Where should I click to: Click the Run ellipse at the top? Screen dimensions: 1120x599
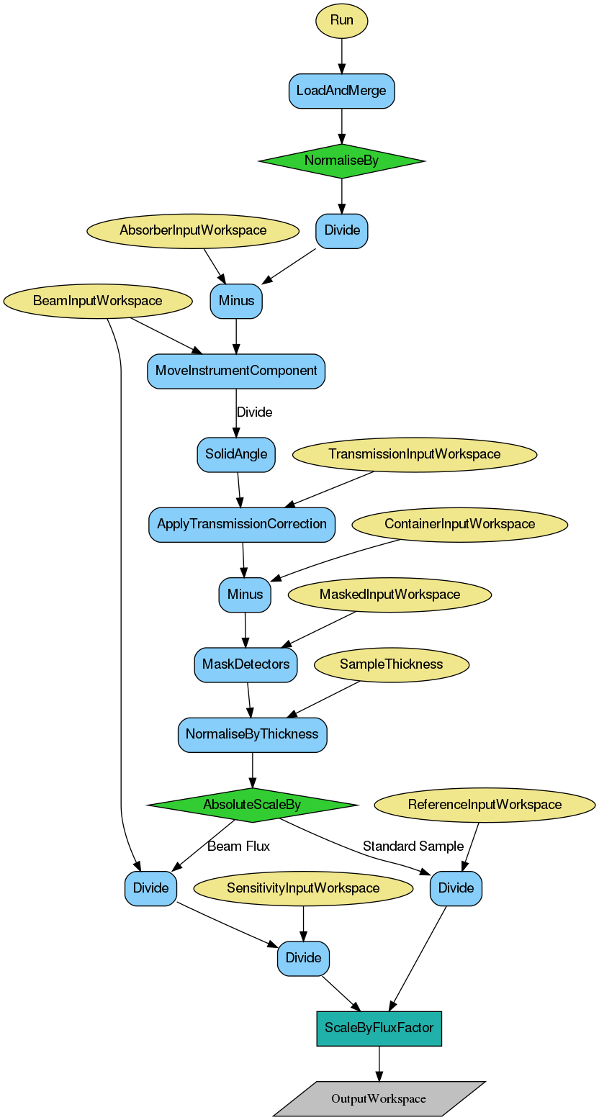click(x=341, y=20)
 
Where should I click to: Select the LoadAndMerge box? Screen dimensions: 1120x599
click(x=341, y=91)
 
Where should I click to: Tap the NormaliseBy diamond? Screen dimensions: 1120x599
click(x=341, y=161)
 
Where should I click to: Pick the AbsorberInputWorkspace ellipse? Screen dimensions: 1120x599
click(x=193, y=231)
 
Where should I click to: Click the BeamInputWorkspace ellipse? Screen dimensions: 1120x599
click(x=98, y=301)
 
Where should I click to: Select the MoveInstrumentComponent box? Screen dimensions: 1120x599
click(x=236, y=371)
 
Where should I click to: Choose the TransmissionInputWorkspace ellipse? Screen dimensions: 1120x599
click(x=415, y=454)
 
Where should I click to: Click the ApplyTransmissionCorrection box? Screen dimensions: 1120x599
click(x=242, y=524)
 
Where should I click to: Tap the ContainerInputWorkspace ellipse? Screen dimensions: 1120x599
click(x=460, y=524)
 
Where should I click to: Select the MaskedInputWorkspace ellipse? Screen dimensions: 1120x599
click(x=389, y=595)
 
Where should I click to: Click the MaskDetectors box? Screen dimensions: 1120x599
click(x=246, y=664)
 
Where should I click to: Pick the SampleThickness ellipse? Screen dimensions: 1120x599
click(x=392, y=664)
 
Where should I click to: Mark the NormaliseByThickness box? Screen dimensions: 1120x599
click(x=252, y=735)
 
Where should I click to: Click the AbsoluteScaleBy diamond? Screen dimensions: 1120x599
click(x=252, y=805)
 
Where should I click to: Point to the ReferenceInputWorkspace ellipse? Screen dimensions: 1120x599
click(x=485, y=805)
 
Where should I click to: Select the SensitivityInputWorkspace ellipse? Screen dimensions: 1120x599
click(x=303, y=888)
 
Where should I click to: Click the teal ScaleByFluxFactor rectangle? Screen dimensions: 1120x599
click(x=379, y=1029)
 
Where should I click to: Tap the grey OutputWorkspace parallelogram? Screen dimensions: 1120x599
click(x=379, y=1099)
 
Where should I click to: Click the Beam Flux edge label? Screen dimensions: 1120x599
click(x=238, y=846)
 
